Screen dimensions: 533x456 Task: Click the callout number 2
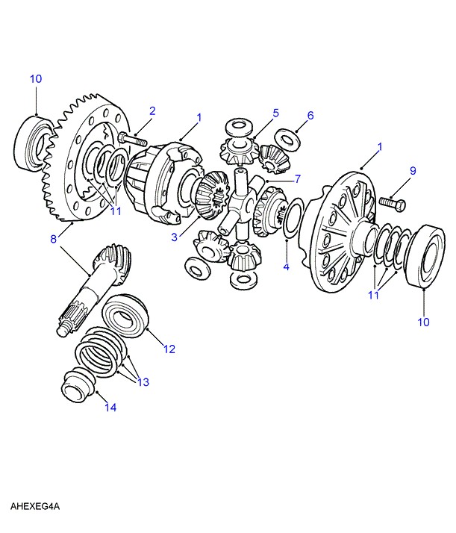coord(152,111)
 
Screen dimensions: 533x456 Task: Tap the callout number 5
coord(275,113)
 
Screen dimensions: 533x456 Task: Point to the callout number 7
coord(297,179)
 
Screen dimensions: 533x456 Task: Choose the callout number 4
coord(286,266)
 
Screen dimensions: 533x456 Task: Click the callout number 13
coord(143,382)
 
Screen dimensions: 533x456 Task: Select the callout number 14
coord(111,407)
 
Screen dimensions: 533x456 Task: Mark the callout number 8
coord(53,240)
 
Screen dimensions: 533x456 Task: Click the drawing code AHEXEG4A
coord(34,507)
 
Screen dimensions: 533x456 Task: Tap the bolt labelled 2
coord(132,139)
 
